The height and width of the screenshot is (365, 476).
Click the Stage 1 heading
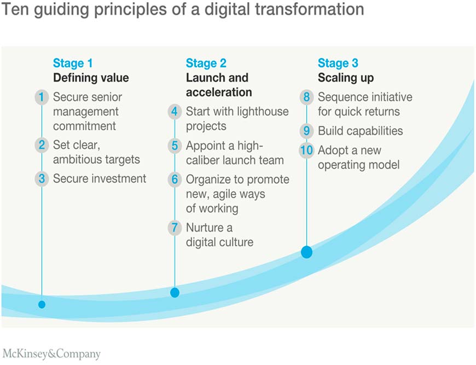point(73,63)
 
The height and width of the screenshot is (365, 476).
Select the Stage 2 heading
point(206,63)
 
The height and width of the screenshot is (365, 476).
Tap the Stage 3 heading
point(338,63)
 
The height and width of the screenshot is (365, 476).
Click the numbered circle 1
point(42,97)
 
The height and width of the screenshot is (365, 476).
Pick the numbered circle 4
point(175,112)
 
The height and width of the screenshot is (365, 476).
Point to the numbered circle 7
point(175,228)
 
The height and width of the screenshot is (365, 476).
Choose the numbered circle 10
point(306,150)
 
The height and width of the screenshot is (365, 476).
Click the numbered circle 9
point(306,131)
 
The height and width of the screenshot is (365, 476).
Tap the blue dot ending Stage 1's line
point(42,304)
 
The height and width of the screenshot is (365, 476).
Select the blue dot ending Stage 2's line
point(175,293)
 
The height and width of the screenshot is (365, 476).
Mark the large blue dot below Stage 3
point(306,252)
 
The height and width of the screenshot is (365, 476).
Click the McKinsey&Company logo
point(51,354)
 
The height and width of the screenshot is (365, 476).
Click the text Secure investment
point(100,178)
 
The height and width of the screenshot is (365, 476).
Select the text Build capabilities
point(361,131)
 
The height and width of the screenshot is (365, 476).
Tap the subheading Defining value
point(91,78)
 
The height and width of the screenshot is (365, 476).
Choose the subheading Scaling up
point(346,78)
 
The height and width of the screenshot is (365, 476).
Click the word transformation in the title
point(309,9)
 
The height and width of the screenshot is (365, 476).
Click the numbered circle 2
point(42,145)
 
